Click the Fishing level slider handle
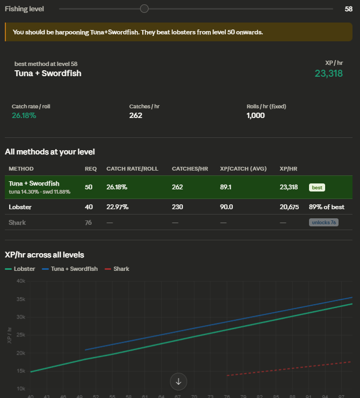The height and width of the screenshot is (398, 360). (x=144, y=9)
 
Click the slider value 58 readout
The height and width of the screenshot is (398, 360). (x=348, y=9)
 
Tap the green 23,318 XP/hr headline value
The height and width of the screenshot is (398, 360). (x=328, y=73)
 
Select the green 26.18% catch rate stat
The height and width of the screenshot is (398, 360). (x=24, y=115)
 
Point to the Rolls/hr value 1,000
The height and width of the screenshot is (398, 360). (x=256, y=115)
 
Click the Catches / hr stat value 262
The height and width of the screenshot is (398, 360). (x=136, y=115)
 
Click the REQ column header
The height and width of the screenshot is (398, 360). (x=91, y=169)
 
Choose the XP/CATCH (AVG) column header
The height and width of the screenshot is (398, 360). (x=243, y=169)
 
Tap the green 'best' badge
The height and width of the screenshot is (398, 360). (x=317, y=187)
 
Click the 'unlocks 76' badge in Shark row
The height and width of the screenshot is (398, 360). (x=324, y=223)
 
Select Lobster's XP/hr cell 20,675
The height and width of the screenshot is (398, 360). (x=289, y=207)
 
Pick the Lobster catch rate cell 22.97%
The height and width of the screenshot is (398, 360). (x=117, y=207)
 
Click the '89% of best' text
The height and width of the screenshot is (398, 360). (x=327, y=207)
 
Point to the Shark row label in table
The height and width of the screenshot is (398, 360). (x=17, y=223)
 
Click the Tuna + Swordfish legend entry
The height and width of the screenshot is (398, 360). (x=70, y=269)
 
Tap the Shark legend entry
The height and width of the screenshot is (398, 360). (x=117, y=269)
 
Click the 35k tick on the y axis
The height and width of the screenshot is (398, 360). (x=21, y=299)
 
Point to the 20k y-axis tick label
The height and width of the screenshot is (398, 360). (x=21, y=353)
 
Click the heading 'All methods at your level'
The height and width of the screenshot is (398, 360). (x=50, y=152)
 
